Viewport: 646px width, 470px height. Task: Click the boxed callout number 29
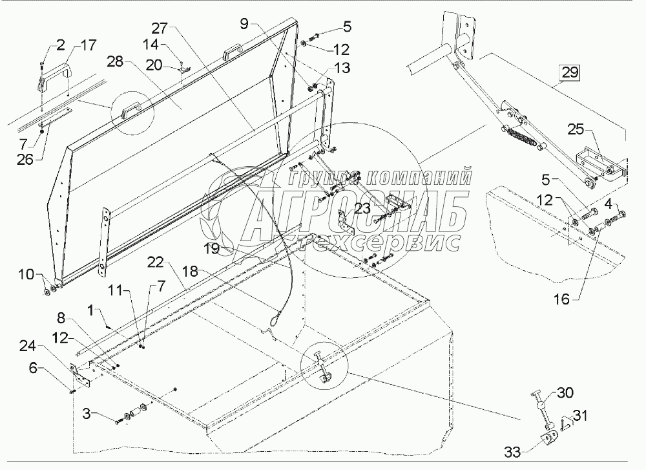(570, 72)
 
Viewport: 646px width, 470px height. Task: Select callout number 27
(160, 28)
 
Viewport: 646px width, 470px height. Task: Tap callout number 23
(362, 208)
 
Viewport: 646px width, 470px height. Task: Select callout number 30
(565, 392)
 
